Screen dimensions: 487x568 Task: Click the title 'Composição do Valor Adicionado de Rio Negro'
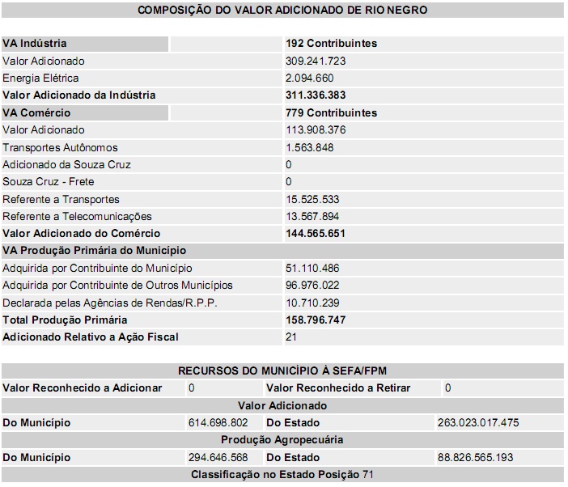pos(282,11)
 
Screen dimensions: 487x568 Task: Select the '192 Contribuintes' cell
pos(331,44)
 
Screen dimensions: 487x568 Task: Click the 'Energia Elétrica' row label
pos(41,78)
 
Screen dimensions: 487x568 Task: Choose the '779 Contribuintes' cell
pos(331,113)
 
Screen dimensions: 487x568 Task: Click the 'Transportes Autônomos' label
pos(60,148)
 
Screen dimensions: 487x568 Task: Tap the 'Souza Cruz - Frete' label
pos(49,182)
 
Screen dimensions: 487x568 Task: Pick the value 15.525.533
pos(312,199)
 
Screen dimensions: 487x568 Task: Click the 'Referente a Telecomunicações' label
pos(77,217)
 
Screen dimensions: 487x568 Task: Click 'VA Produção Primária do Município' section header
pos(94,251)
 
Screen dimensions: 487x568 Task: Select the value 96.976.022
pos(312,286)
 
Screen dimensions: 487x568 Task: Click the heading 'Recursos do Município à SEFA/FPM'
pos(282,371)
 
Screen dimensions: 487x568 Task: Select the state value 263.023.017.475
pos(479,423)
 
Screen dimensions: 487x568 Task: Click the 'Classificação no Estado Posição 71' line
pos(282,475)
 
